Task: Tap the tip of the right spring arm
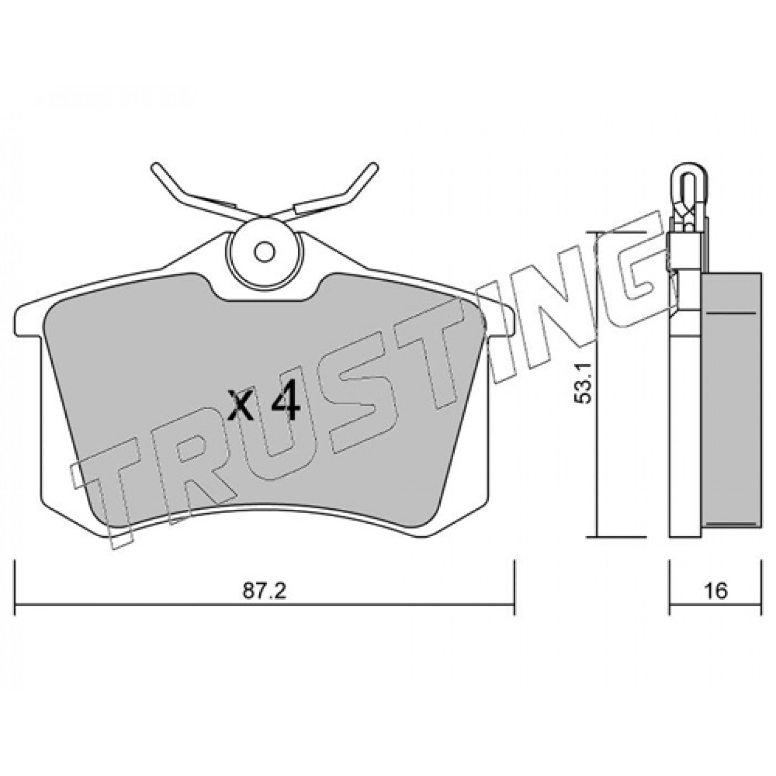coord(373,167)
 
